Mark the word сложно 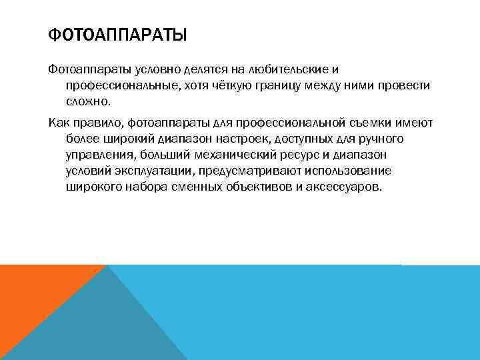click(x=85, y=103)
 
